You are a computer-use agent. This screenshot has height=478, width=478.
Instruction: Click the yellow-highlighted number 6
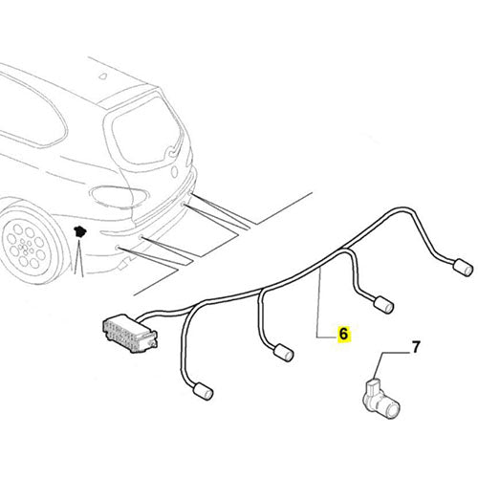[343, 337]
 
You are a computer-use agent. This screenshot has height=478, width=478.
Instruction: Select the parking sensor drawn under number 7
[377, 394]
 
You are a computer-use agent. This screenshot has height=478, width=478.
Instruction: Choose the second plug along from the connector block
[283, 352]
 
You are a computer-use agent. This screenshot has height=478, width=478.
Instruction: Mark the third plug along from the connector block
[384, 304]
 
